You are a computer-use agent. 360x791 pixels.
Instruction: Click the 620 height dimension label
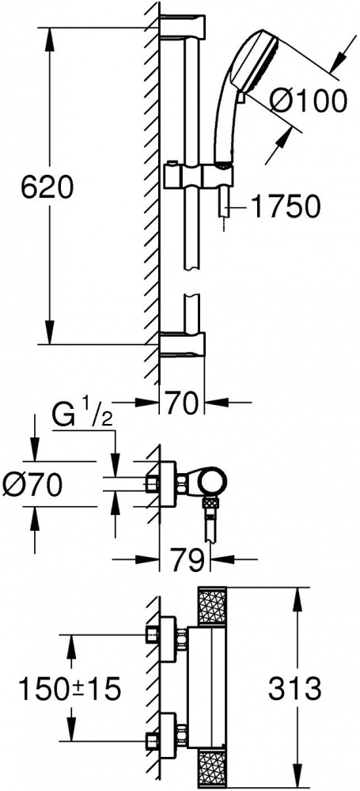47,187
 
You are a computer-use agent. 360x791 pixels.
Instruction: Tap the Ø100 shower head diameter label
308,101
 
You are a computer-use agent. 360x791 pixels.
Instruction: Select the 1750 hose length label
286,206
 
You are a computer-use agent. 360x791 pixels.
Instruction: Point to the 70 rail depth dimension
182,404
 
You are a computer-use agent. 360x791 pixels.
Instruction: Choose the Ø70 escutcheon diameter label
32,486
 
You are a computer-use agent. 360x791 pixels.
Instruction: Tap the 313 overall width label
294,688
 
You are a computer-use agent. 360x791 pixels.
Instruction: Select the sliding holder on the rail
199,176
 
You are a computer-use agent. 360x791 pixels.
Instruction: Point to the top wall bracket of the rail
183,27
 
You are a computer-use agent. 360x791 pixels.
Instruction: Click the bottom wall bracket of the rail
183,345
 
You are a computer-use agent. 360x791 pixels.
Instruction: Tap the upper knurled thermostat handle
212,607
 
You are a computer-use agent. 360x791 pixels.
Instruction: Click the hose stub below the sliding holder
222,202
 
